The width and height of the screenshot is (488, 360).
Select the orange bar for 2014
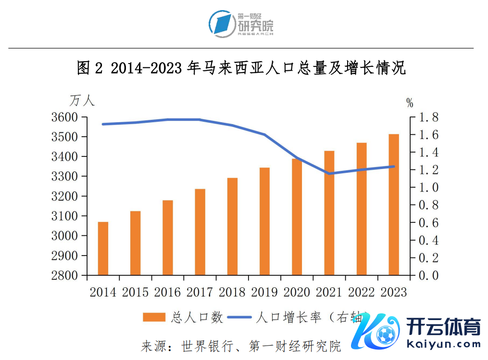[103, 248]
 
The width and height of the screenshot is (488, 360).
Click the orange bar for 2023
[394, 205]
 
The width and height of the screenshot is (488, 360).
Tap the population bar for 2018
[232, 226]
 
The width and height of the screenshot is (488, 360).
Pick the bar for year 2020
[297, 217]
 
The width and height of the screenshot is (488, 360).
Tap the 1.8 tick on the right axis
[428, 117]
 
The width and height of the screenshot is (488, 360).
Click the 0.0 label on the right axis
[428, 275]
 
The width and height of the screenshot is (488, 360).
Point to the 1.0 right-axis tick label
[428, 188]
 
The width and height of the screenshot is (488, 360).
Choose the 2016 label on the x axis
[168, 292]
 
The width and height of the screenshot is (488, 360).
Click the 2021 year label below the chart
[329, 292]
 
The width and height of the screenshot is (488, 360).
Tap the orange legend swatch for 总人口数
[154, 317]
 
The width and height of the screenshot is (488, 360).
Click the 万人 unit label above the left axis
[82, 101]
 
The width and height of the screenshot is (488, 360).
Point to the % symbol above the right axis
[410, 103]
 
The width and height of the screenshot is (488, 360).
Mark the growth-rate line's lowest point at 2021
[329, 174]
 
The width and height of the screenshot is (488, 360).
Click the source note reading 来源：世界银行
[240, 346]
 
